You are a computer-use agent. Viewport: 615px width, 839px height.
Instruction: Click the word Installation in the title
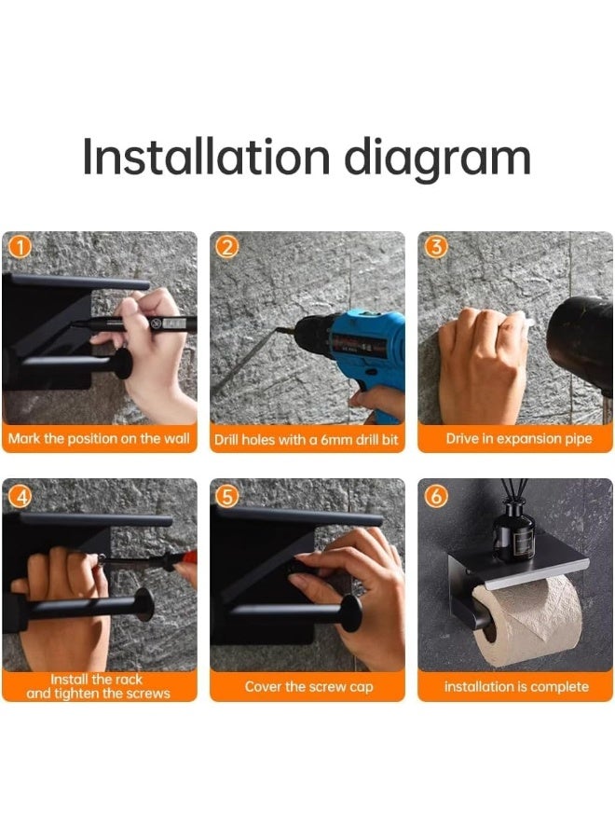(x=207, y=157)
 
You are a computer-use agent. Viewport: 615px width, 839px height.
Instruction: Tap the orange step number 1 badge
(x=20, y=248)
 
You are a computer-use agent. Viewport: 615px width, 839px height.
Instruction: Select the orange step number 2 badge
(x=226, y=248)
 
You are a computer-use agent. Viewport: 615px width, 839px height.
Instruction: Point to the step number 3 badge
(x=436, y=248)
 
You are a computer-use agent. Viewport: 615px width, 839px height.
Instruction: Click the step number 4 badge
(x=20, y=497)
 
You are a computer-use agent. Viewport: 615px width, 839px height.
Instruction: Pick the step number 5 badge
(x=226, y=497)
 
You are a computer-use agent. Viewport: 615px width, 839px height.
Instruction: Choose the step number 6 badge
(x=436, y=497)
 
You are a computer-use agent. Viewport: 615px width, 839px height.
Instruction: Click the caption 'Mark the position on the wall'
(x=99, y=439)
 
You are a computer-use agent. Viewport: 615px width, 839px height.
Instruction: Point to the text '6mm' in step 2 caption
(x=335, y=440)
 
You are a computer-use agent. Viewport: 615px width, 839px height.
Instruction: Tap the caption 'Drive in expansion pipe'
(x=519, y=439)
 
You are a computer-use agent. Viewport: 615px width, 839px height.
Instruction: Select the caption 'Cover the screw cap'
(x=309, y=686)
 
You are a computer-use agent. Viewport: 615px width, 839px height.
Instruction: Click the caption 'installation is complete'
(x=516, y=686)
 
